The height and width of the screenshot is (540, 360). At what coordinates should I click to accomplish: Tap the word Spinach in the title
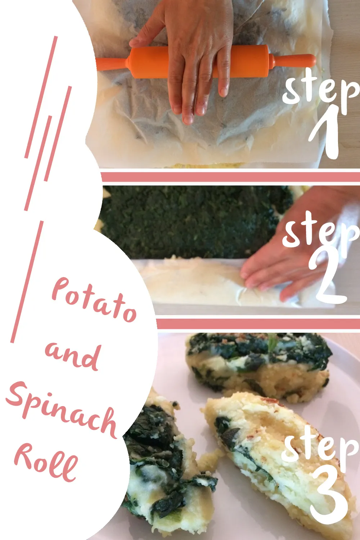(x=62, y=409)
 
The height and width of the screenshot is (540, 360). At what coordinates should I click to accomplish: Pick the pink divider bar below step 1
(x=230, y=177)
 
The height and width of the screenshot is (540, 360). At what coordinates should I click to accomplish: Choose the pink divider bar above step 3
(x=258, y=324)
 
